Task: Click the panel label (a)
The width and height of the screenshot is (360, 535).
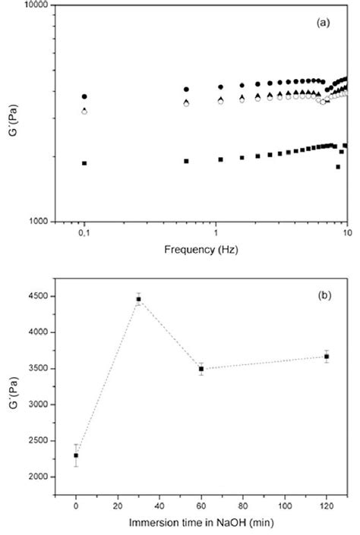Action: [323, 24]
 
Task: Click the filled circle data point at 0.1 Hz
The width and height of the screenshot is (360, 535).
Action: [84, 97]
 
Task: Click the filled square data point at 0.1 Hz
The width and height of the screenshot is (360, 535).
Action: [84, 163]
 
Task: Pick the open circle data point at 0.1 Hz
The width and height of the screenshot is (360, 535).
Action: [84, 112]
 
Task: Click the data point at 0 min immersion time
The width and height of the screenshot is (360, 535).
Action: [76, 455]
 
